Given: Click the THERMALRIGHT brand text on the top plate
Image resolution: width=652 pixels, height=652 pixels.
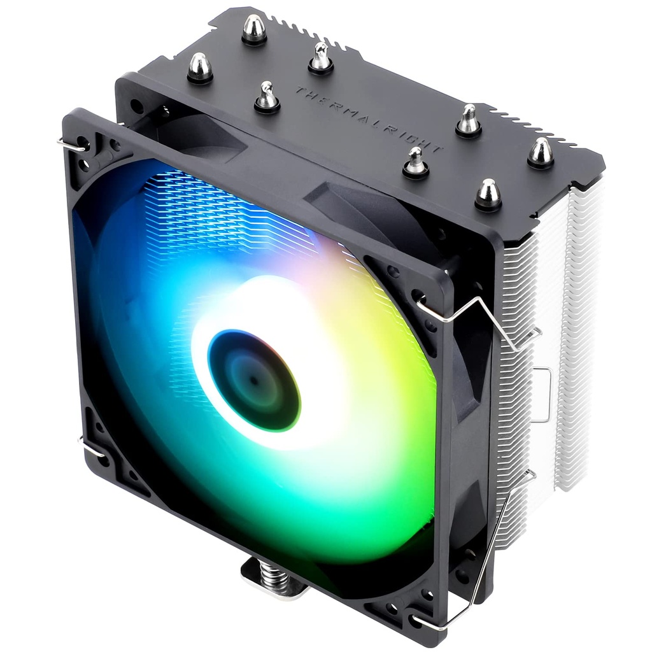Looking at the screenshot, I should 367,119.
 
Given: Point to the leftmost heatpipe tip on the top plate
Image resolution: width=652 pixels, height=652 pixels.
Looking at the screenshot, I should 200,67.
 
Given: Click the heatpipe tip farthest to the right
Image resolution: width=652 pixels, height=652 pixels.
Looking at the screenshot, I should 541,153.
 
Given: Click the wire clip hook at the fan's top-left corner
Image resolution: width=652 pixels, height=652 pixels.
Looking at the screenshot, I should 71,145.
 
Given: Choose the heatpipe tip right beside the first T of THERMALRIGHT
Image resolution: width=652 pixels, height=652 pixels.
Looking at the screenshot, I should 267,97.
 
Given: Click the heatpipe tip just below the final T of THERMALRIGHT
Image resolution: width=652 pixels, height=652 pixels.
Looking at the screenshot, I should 416,162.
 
